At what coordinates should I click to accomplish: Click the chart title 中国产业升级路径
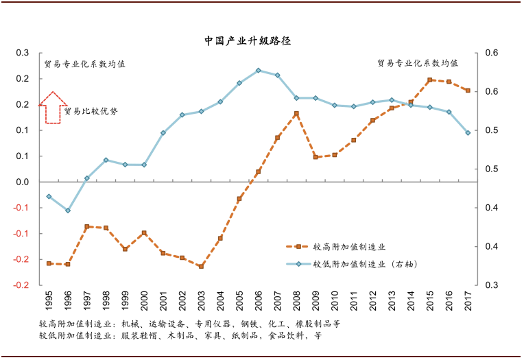tap(248, 40)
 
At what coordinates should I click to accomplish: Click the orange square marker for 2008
tap(296, 114)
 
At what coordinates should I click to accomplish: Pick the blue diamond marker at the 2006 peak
tap(258, 70)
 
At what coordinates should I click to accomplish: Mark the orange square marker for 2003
tap(201, 266)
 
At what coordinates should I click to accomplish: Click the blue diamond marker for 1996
tap(68, 211)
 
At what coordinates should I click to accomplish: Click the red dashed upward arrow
tap(52, 108)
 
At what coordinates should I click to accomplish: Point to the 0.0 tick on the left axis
tap(23, 182)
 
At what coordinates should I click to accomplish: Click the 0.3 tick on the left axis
tap(23, 53)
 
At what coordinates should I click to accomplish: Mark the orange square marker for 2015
tap(429, 80)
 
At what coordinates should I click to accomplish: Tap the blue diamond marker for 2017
tap(468, 133)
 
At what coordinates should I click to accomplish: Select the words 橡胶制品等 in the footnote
tap(320, 323)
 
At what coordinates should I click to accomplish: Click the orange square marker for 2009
tap(315, 157)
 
